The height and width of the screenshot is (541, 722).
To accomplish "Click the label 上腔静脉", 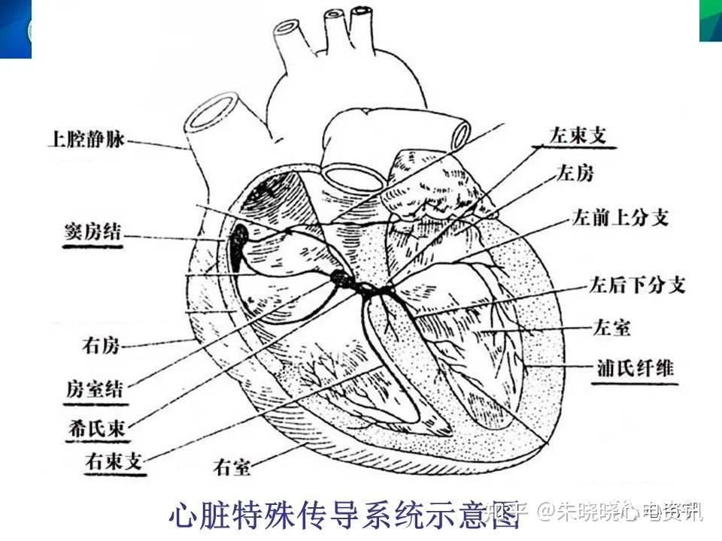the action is point(84,139).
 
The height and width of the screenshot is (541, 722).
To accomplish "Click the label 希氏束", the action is point(96,428).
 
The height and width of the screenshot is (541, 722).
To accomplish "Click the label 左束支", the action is point(578,135).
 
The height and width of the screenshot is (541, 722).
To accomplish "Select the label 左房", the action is point(575,174).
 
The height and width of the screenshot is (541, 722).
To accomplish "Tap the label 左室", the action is point(610,328).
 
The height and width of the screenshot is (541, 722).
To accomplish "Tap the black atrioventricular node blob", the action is point(343,280).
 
